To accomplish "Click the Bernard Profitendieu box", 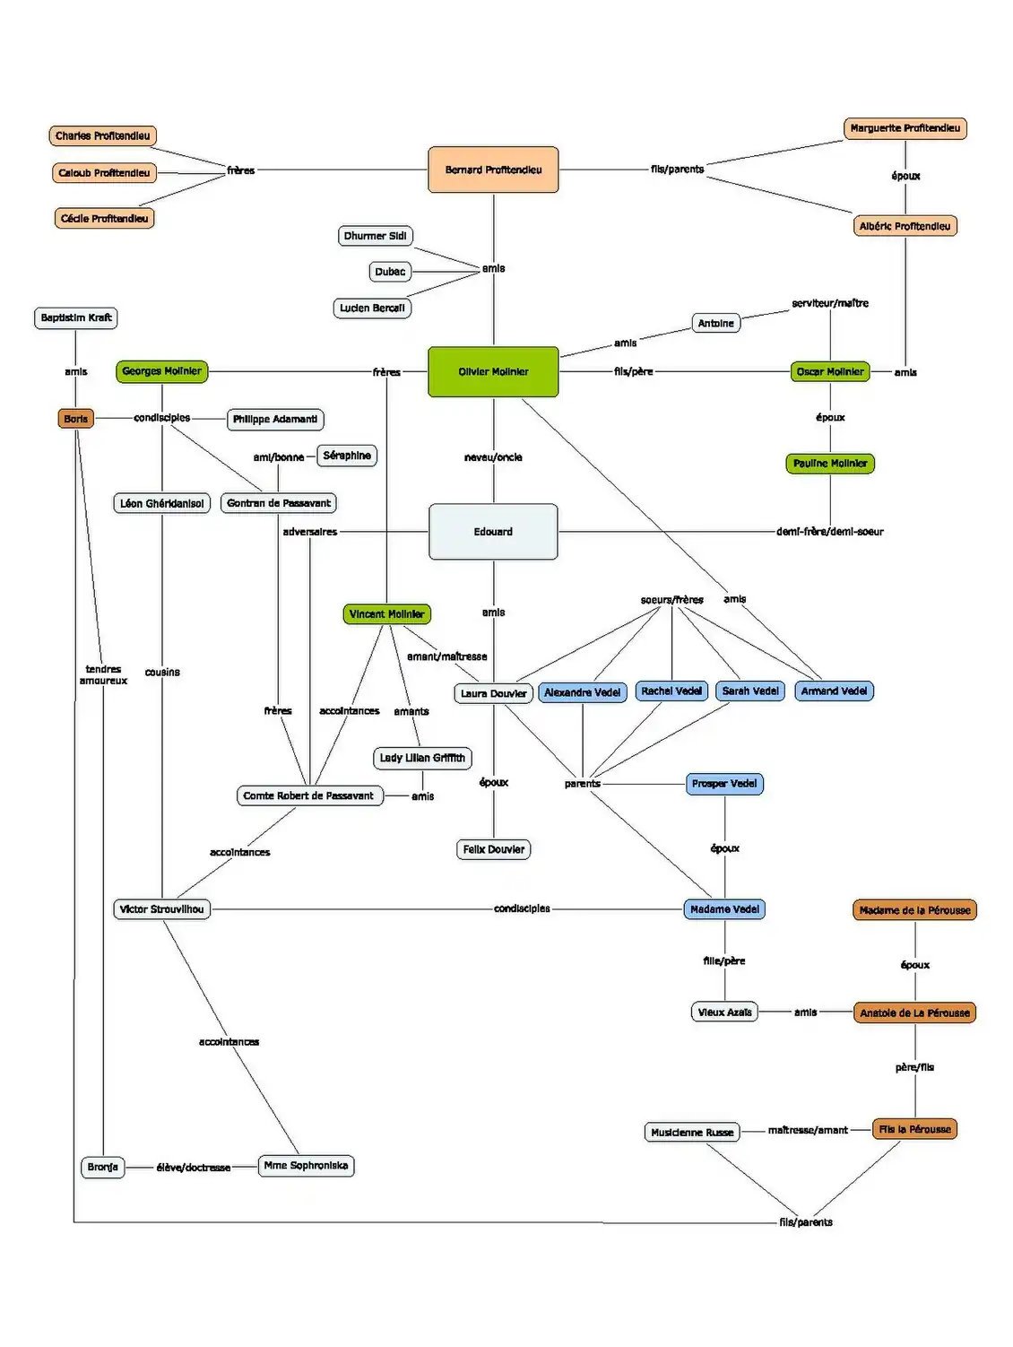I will pyautogui.click(x=493, y=169).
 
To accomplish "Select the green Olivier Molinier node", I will pyautogui.click(x=493, y=371).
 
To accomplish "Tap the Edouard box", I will pyautogui.click(x=493, y=532).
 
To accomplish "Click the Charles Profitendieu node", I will pyautogui.click(x=102, y=136).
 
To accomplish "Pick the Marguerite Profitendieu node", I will pyautogui.click(x=905, y=128).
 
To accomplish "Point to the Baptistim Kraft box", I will pyautogui.click(x=76, y=317).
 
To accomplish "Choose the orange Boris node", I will pyautogui.click(x=76, y=419).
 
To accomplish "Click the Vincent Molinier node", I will pyautogui.click(x=386, y=614).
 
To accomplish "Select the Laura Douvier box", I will pyautogui.click(x=493, y=693).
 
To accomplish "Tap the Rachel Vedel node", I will pyautogui.click(x=671, y=691).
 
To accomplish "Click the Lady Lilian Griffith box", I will pyautogui.click(x=422, y=758).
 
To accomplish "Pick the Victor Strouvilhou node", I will pyautogui.click(x=162, y=909).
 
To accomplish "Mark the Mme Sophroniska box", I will pyautogui.click(x=306, y=1166).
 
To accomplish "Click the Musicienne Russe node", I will pyautogui.click(x=692, y=1133).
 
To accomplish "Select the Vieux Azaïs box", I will pyautogui.click(x=724, y=1012).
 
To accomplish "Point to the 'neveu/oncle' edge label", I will pyautogui.click(x=493, y=457).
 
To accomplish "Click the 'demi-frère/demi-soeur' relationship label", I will pyautogui.click(x=829, y=532).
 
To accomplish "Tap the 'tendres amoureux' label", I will pyautogui.click(x=103, y=675).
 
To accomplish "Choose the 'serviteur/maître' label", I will pyautogui.click(x=829, y=303).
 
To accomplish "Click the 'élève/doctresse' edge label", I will pyautogui.click(x=194, y=1168).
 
